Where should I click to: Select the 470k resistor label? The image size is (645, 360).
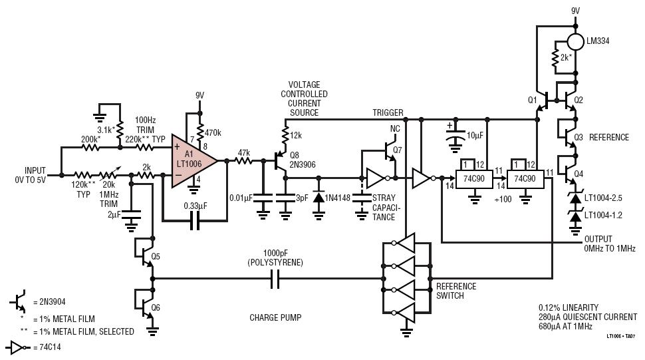click(x=213, y=133)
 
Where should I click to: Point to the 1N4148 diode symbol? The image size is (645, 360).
click(x=319, y=198)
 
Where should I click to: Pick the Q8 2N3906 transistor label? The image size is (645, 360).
click(x=303, y=160)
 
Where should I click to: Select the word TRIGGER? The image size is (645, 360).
click(x=388, y=112)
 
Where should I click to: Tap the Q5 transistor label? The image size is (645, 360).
click(x=156, y=256)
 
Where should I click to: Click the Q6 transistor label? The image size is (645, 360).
click(x=156, y=307)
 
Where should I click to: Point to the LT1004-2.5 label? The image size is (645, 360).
click(x=603, y=198)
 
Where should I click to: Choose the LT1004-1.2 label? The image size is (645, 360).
click(x=603, y=215)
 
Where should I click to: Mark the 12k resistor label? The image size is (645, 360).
click(x=296, y=135)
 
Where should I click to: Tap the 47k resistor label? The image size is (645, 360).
click(x=244, y=153)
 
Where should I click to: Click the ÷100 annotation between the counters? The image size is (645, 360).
click(x=503, y=200)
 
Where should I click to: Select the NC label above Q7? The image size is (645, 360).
click(x=395, y=129)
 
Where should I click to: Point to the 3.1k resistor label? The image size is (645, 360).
click(x=106, y=130)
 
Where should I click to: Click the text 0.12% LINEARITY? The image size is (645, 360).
click(x=568, y=307)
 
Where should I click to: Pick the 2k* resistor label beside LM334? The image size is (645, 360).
click(x=566, y=58)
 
